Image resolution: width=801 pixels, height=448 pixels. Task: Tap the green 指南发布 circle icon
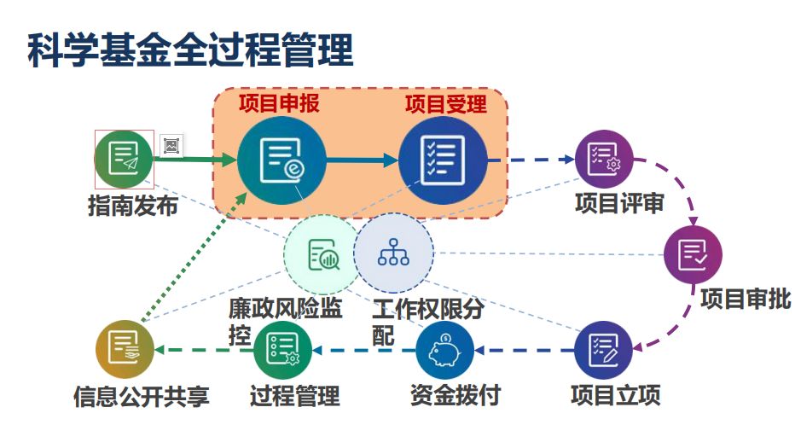(x=124, y=160)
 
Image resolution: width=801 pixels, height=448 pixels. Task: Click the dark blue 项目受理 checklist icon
(x=443, y=160)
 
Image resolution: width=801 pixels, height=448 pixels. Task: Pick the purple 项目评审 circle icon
(x=603, y=160)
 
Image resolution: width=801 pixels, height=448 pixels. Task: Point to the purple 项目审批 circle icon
(x=693, y=254)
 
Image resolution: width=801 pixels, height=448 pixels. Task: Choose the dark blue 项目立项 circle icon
(x=603, y=350)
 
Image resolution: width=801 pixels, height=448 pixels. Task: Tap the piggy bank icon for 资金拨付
(x=444, y=350)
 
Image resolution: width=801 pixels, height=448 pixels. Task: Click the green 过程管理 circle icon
(x=282, y=350)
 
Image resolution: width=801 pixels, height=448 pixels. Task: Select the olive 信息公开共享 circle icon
(x=125, y=350)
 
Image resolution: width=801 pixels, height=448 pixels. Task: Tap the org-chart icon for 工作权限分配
(x=393, y=253)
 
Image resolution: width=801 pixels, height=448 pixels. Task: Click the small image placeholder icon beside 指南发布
(x=171, y=146)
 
